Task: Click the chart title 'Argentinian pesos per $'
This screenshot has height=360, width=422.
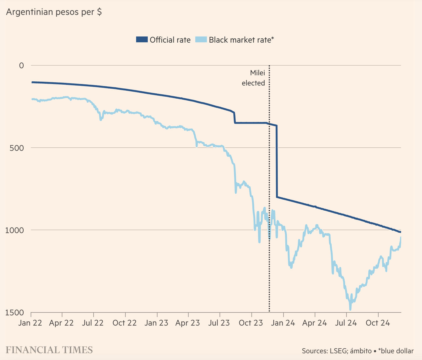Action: pos(54,12)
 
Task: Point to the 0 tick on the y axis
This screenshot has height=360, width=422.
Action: pos(22,65)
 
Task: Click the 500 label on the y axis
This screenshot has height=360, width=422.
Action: pos(17,148)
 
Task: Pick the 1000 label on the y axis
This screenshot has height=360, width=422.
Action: pos(15,230)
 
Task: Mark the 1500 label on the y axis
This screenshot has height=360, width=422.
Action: pos(15,312)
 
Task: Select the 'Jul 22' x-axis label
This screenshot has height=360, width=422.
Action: pos(93,323)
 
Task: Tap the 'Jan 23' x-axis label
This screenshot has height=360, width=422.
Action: pos(157,323)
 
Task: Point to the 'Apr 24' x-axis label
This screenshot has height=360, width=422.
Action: pos(315,323)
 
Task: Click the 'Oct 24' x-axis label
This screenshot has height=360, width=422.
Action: pos(378,323)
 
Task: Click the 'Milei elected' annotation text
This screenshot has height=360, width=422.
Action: pos(253,78)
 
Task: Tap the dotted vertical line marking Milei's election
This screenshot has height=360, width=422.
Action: pos(269,175)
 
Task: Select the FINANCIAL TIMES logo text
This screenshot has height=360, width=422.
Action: pos(49,350)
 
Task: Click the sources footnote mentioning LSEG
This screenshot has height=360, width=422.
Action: pos(358,351)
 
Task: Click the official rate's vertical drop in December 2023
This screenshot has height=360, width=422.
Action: pos(277,160)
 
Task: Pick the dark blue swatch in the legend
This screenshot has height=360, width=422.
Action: pos(142,40)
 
